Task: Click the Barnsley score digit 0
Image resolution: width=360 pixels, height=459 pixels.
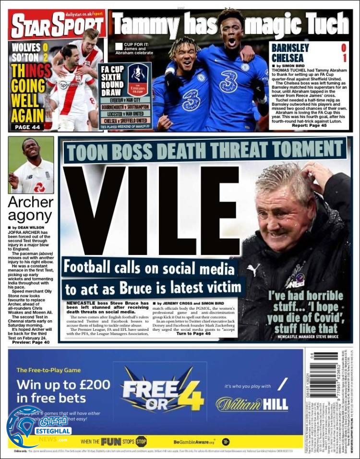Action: tap(343, 48)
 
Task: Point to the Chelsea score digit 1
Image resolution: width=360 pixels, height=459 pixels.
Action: tap(343, 59)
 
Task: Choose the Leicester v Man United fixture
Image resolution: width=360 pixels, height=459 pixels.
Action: tap(125, 114)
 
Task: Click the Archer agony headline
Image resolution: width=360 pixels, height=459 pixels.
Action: tap(30, 209)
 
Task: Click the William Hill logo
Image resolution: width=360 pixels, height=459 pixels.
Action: tap(252, 404)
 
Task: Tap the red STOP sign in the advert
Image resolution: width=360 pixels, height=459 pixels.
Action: tap(141, 441)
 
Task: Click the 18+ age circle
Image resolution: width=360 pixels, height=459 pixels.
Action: tap(226, 441)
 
